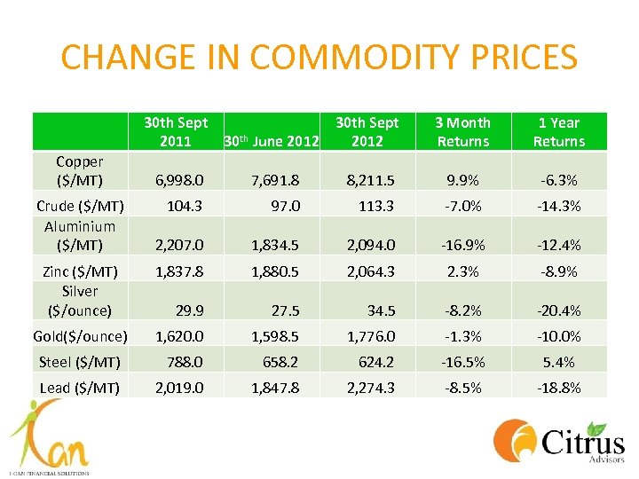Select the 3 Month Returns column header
click(x=463, y=132)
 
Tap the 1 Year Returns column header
click(x=559, y=132)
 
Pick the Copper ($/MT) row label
click(x=80, y=171)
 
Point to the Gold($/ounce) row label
click(x=80, y=336)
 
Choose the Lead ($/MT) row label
click(x=80, y=387)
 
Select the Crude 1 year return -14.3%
click(x=559, y=205)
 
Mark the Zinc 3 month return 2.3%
click(x=463, y=271)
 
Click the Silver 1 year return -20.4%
click(x=559, y=310)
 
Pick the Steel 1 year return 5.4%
click(x=559, y=362)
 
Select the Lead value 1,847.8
click(x=275, y=388)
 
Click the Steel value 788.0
click(x=185, y=362)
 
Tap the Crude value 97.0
click(x=283, y=205)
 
